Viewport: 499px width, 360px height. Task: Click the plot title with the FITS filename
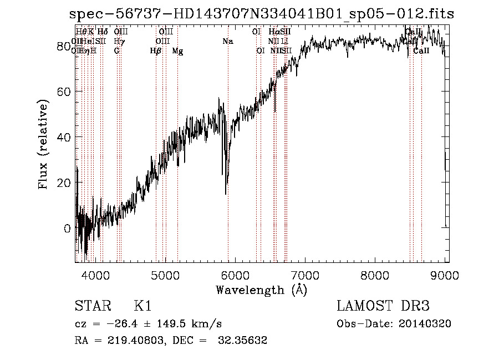[x=261, y=14]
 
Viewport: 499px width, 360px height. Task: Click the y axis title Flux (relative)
[x=43, y=144]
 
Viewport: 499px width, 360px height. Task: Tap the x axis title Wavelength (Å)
[x=261, y=290]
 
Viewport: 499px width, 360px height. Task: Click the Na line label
[x=228, y=41]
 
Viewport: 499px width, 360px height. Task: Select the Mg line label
[x=177, y=50]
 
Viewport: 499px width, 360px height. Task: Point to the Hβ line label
[x=156, y=50]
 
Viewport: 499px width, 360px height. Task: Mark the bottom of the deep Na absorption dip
[x=226, y=194]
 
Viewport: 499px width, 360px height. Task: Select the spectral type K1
[x=142, y=306]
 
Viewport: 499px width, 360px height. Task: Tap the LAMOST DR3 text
[x=383, y=306]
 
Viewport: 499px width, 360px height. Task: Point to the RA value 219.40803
[x=130, y=341]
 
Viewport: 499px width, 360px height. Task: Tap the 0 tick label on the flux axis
[x=68, y=228]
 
